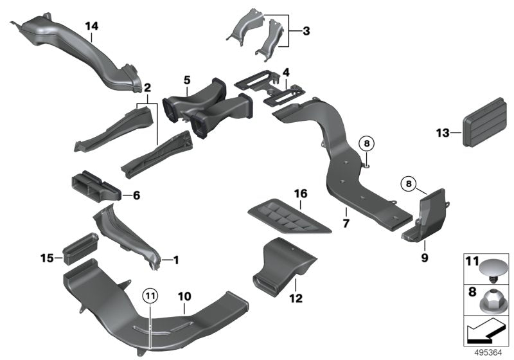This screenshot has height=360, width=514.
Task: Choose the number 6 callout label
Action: coord(136,195)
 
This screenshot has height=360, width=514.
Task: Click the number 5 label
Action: coord(187,80)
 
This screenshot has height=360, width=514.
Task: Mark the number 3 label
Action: coord(306,31)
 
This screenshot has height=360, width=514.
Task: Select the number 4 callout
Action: coord(286,73)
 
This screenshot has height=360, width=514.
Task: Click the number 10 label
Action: coord(184,296)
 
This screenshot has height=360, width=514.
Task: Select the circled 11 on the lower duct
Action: coord(149,296)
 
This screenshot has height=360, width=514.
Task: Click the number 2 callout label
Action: coord(147,87)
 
